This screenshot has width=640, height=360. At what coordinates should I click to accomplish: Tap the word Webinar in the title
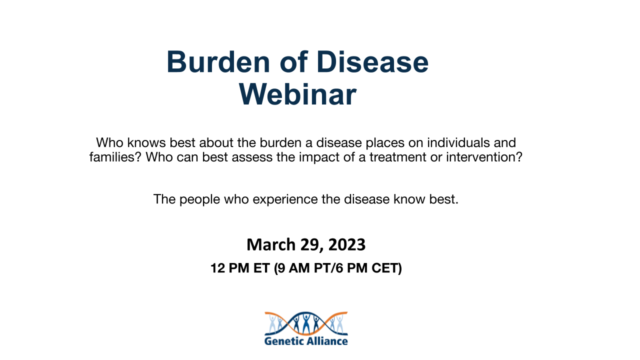(x=297, y=94)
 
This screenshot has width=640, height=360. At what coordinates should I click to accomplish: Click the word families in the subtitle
(x=111, y=157)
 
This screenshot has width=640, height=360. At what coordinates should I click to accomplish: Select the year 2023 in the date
(x=347, y=244)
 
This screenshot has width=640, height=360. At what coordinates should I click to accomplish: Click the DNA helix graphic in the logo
(x=306, y=323)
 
